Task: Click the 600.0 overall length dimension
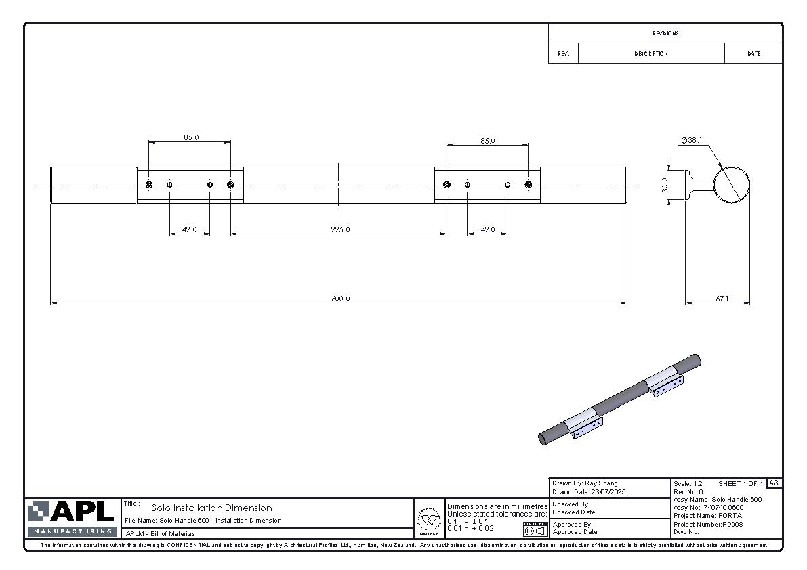point(340,299)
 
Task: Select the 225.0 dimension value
point(340,229)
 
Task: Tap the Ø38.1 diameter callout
point(692,141)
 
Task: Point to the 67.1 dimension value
point(722,299)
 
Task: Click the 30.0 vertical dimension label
point(665,185)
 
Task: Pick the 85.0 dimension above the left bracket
point(191,137)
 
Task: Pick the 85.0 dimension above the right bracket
point(487,141)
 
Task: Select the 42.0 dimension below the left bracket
point(189,229)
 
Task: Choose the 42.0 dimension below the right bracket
point(487,229)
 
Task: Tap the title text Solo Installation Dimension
point(211,508)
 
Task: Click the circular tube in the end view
point(732,184)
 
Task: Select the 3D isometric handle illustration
point(619,399)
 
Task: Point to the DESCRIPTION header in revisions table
point(651,53)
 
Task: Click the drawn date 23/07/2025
point(608,492)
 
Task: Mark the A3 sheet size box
point(774,483)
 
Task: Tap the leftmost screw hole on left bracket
point(149,185)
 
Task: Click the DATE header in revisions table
point(753,53)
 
